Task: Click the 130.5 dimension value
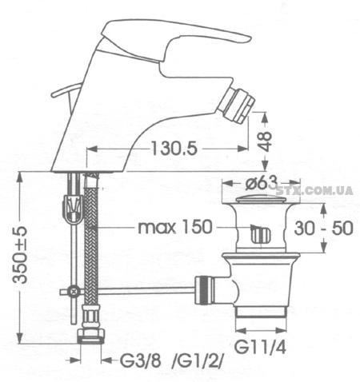(x=174, y=149)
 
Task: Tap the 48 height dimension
(x=266, y=141)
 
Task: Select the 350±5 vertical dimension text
(x=21, y=255)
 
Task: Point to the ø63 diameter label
(x=261, y=183)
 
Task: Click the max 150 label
(x=175, y=227)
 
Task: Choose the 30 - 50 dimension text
(x=323, y=228)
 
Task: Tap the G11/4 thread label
(x=260, y=347)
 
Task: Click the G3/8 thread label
(x=141, y=361)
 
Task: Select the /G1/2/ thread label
(x=197, y=361)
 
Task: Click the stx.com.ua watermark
(x=314, y=191)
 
